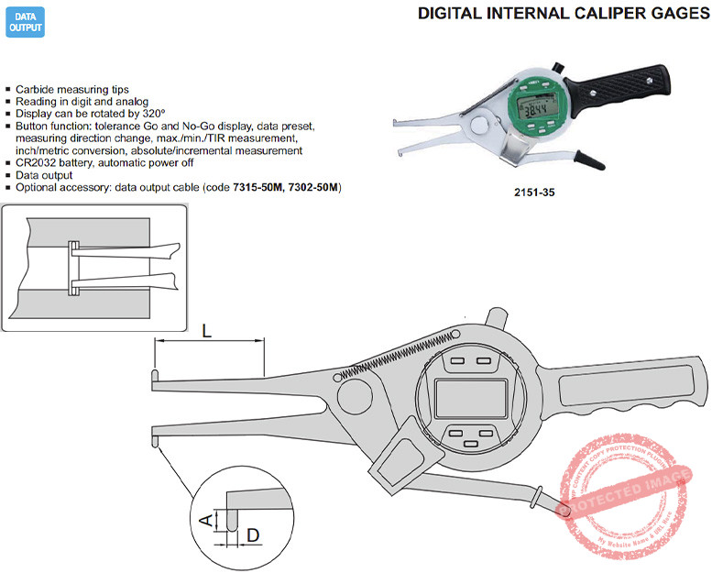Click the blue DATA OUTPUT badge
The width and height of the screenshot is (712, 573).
[x=25, y=23]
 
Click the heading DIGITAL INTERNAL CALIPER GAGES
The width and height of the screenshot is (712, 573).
[x=564, y=14]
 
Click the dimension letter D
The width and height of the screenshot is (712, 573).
[x=253, y=533]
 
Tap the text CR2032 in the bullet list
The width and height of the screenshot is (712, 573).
[x=38, y=162]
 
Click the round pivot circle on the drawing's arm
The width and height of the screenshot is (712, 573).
[x=354, y=396]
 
